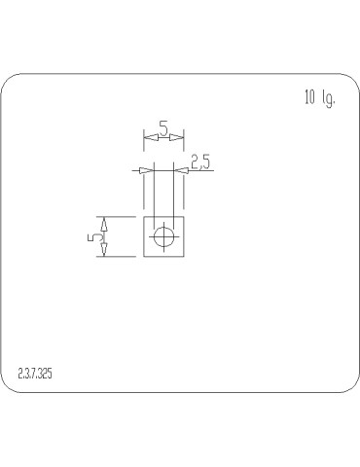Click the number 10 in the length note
[310, 98]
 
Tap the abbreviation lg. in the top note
[328, 98]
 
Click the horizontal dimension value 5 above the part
[163, 128]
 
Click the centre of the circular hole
[163, 237]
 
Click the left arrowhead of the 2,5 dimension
[145, 170]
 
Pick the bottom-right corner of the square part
[184, 257]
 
